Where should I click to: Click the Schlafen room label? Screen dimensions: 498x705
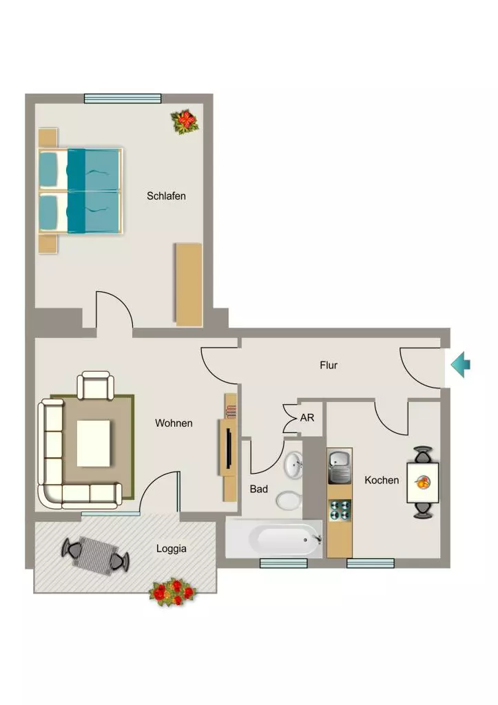(166, 196)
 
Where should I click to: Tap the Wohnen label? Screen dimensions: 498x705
(174, 423)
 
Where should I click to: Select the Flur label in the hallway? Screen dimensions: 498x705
(329, 365)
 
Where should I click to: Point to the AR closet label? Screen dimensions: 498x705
(307, 418)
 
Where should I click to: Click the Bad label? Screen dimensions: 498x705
(259, 489)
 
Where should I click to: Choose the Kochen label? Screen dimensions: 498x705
(382, 480)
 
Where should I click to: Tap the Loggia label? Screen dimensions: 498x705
(172, 549)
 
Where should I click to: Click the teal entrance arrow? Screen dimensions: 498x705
(461, 365)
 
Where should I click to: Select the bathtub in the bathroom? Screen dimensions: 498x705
(274, 538)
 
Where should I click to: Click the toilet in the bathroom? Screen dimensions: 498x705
(289, 500)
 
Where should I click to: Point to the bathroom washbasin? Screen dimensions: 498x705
(293, 465)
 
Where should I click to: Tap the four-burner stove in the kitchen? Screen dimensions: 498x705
(340, 510)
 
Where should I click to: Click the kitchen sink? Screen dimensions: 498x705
(340, 467)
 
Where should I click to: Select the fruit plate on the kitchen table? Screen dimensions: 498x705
(422, 483)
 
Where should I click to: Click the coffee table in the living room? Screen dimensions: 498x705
(93, 443)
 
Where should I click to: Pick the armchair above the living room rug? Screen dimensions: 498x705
(95, 386)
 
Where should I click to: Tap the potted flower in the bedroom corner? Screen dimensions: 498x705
(185, 121)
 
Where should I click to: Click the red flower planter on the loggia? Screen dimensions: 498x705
(173, 592)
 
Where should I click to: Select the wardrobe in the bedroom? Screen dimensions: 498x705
(189, 284)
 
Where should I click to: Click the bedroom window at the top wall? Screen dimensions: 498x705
(123, 98)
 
